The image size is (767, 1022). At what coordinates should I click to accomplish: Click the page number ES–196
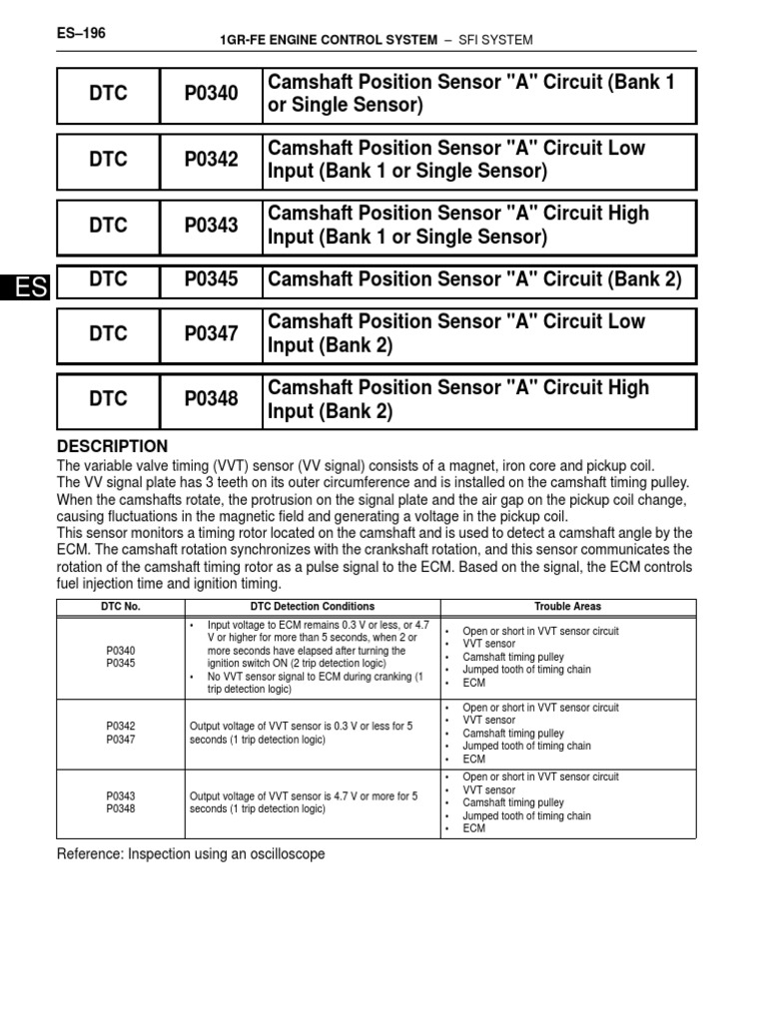click(82, 33)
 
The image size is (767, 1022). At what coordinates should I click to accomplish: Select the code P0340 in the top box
click(211, 94)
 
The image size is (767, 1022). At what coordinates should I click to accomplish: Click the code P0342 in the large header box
click(211, 160)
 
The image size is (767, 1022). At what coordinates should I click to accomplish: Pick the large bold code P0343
click(211, 226)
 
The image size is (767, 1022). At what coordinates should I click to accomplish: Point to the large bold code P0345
click(211, 280)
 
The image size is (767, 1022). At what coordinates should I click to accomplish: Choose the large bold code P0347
click(211, 334)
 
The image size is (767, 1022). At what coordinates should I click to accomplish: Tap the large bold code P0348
click(211, 399)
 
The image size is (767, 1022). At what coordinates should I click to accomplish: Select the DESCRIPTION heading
click(112, 446)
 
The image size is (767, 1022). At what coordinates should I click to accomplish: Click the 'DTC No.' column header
click(120, 607)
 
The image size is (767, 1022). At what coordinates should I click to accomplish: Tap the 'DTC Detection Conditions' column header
click(312, 607)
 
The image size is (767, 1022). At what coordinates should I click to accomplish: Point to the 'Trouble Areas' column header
click(567, 607)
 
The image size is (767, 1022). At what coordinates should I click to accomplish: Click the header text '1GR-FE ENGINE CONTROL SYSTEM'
click(328, 40)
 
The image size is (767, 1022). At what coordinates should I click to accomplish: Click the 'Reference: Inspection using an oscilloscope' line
click(191, 854)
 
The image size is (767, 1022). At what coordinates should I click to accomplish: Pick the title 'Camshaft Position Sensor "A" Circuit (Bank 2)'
click(475, 280)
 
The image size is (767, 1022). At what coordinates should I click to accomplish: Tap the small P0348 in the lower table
click(120, 809)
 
